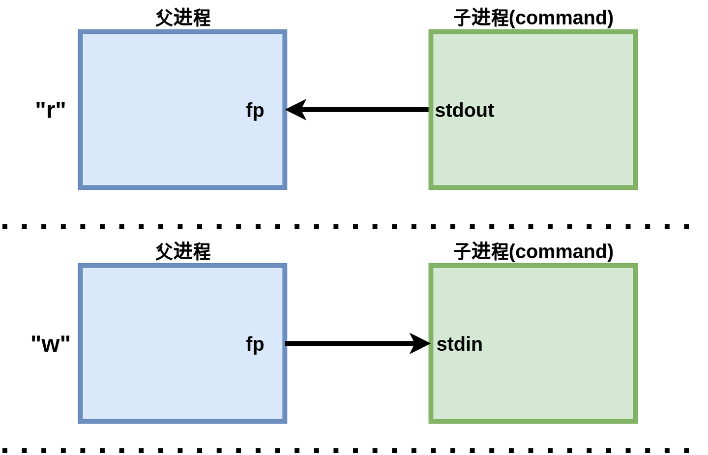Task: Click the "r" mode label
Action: pos(51,109)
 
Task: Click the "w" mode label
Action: pos(51,343)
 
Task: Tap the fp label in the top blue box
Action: pos(255,110)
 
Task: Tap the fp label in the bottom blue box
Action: pos(255,344)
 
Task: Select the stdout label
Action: pos(464,110)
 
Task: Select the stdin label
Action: pos(459,344)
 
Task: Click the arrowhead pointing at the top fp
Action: pos(296,110)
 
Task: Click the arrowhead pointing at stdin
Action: pos(419,343)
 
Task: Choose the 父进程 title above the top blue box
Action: pos(183,18)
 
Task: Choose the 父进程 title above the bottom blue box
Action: pos(183,251)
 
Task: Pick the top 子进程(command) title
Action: pos(533,18)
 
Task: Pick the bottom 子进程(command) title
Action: pos(533,251)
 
